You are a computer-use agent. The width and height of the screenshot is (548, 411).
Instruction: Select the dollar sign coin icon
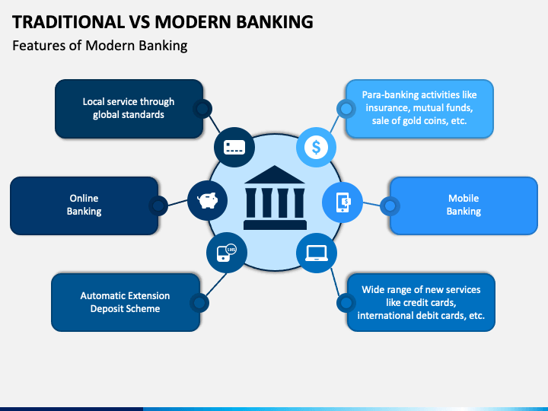pos(316,147)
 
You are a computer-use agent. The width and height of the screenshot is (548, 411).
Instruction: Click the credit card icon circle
pos(234,147)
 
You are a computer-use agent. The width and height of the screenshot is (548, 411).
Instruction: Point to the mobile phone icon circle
pos(342,202)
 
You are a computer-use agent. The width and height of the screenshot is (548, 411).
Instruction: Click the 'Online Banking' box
pos(84,205)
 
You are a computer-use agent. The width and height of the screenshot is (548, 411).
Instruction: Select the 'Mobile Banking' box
pos(464,205)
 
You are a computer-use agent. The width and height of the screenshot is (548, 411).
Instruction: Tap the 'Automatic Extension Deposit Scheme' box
pos(125,302)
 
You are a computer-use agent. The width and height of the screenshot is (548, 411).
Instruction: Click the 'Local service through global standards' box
pos(128,109)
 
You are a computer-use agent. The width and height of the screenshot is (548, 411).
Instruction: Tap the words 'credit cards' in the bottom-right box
pos(431,302)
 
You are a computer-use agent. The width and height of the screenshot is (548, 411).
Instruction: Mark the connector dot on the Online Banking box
pos(158,205)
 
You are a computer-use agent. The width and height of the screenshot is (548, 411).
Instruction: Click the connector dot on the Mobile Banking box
pos(390,205)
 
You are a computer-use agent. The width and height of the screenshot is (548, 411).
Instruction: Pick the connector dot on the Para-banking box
pos(346,109)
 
